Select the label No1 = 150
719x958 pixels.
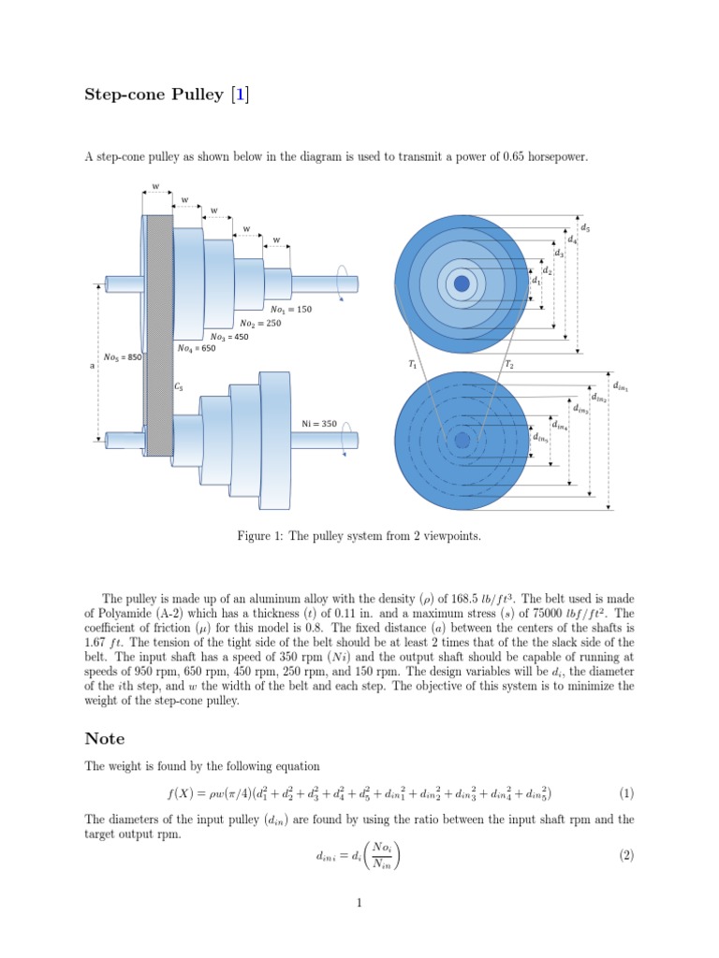[x=290, y=310]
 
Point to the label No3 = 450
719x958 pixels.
[x=229, y=337]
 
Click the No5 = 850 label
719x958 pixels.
[x=122, y=356]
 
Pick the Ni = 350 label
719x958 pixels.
[x=318, y=424]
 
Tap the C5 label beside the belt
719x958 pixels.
[x=179, y=385]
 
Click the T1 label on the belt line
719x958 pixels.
[x=413, y=365]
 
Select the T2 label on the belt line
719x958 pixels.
[x=508, y=365]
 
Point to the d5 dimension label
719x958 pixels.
[x=585, y=227]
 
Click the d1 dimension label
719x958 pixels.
[x=536, y=281]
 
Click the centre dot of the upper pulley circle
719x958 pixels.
[x=462, y=283]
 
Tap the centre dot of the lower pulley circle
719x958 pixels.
[x=462, y=440]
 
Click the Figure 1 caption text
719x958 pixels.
[x=359, y=537]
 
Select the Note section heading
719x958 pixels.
[x=104, y=739]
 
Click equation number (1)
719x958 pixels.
[x=626, y=793]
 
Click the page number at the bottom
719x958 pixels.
[x=359, y=903]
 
